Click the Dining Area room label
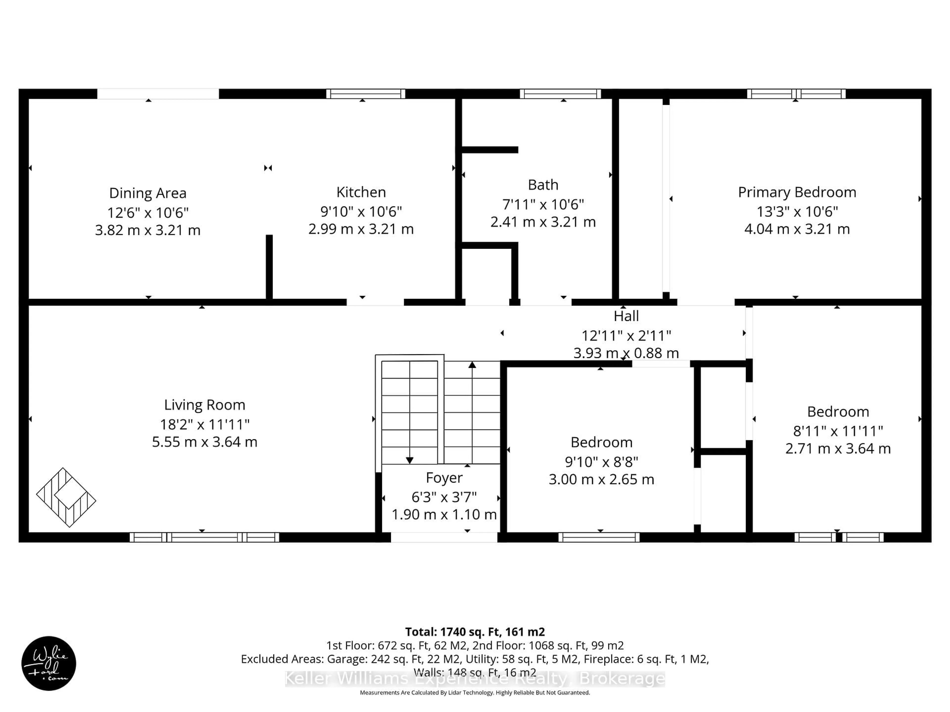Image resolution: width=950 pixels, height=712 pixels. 148,193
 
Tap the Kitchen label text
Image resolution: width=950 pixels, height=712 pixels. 361,192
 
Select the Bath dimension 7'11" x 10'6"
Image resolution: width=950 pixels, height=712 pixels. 543,204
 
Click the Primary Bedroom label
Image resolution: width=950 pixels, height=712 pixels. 797,192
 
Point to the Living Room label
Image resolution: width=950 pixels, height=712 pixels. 204,405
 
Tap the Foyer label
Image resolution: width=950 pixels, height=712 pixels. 444,478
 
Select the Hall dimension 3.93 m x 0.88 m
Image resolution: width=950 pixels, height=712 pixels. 626,353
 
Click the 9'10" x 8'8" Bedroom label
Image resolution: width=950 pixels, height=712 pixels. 601,442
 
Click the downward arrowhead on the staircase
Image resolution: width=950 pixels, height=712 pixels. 409,460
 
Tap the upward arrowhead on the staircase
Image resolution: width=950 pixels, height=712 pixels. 472,365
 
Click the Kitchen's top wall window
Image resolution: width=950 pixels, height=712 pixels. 365,93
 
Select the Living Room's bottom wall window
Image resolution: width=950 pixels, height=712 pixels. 204,537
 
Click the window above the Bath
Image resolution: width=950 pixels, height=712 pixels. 560,93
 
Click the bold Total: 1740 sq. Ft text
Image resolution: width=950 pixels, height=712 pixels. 475,632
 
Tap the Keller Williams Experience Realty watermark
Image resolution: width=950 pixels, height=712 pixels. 475,679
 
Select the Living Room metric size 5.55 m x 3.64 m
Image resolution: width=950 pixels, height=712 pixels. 204,442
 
